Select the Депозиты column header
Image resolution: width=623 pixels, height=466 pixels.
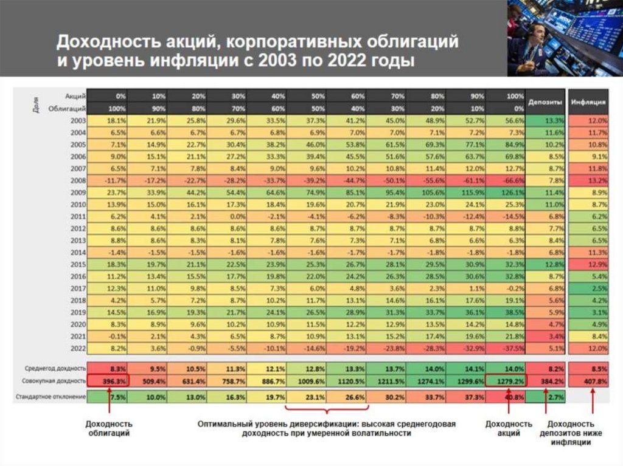point(546,102)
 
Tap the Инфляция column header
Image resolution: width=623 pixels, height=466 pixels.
point(588,102)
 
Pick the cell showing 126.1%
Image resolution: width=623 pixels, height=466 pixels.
point(506,192)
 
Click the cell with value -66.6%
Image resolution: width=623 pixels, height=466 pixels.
point(506,180)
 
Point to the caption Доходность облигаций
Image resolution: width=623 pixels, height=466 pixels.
point(108,428)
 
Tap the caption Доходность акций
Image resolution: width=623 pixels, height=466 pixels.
point(506,428)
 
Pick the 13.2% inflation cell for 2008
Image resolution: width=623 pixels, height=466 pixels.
point(588,180)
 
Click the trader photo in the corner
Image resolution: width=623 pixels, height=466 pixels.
point(565,38)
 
